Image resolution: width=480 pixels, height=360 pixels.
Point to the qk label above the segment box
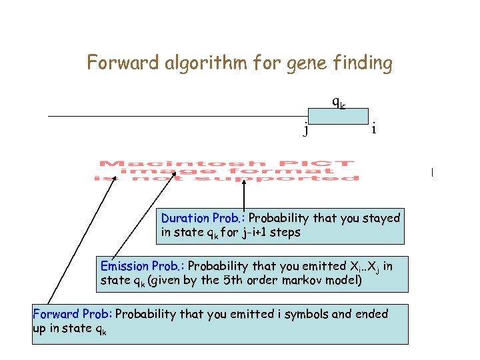339,103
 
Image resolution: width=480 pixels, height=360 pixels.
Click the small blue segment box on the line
339,117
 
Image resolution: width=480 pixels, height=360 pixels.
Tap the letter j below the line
306,129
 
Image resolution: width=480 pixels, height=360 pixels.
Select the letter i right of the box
373,129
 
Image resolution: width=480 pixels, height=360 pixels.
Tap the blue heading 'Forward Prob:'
73,314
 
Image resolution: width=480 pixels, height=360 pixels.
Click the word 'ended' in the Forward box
372,314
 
